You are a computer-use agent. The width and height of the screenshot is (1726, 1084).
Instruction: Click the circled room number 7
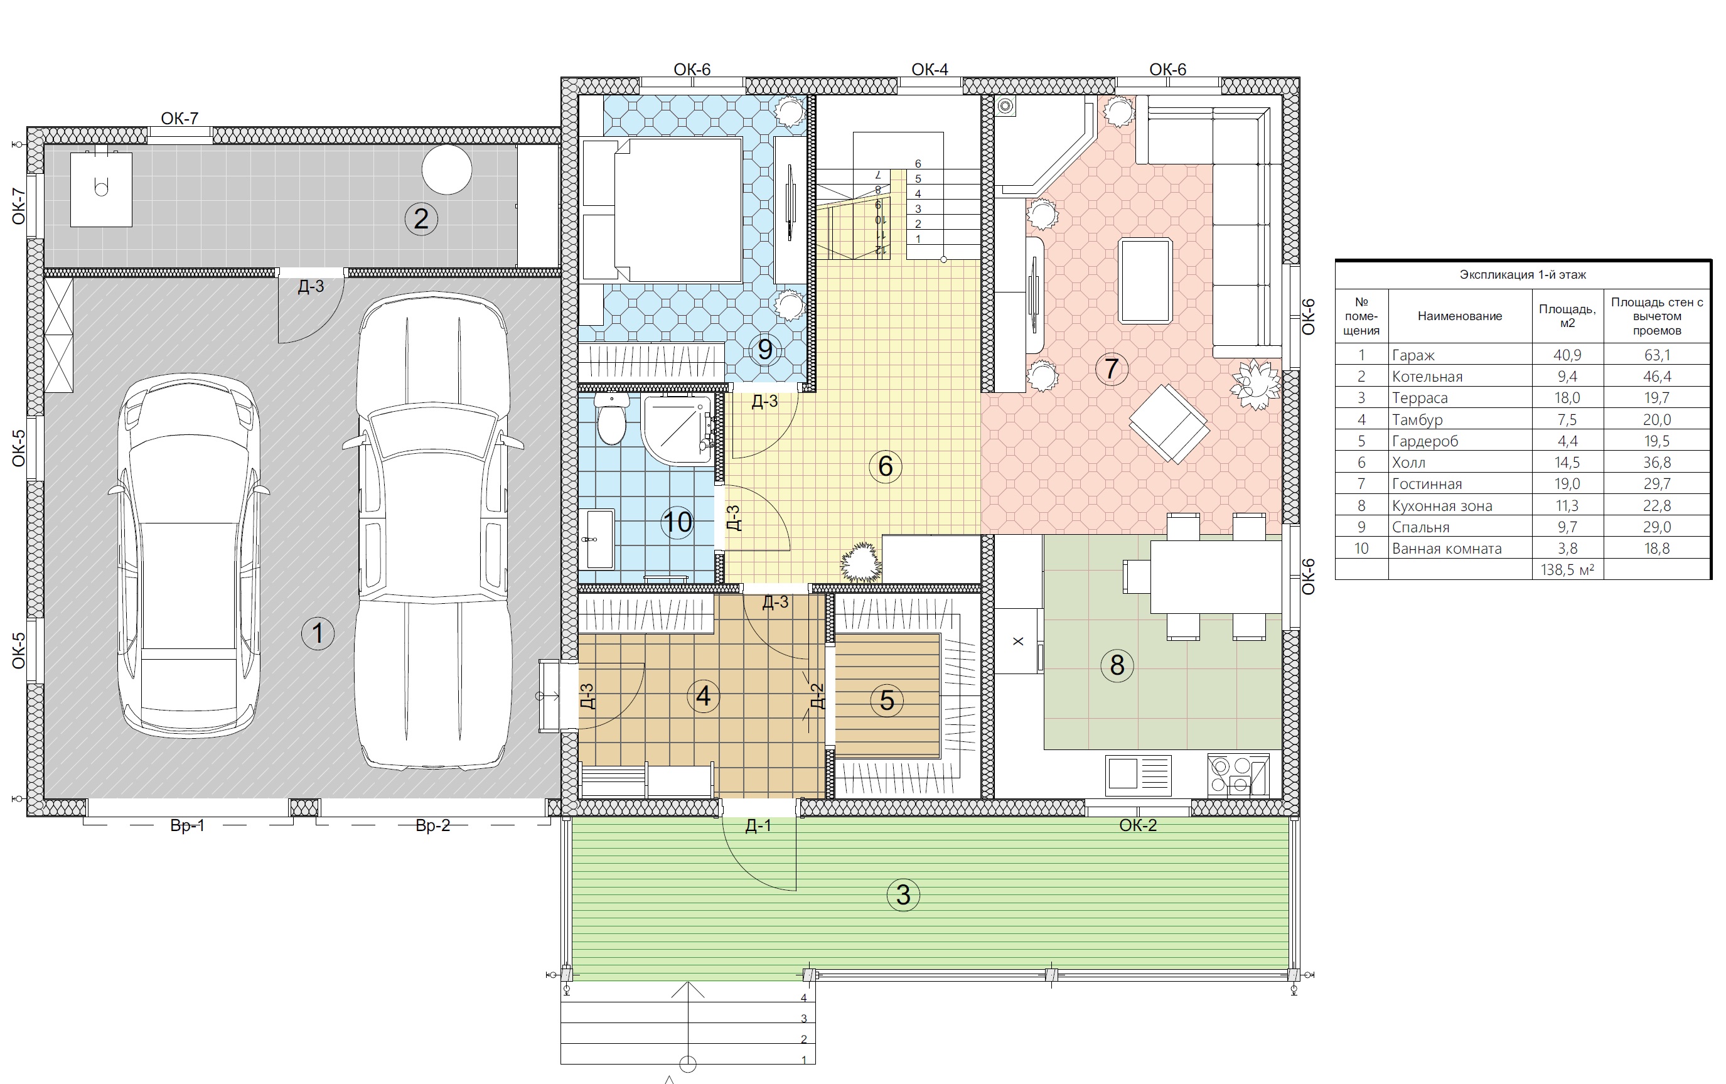coord(1111,368)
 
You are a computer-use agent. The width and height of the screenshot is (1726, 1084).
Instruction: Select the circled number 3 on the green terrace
coord(903,894)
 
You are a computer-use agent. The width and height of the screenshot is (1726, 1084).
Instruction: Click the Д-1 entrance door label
coord(758,825)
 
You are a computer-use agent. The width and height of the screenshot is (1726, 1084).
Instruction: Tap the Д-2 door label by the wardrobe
coord(817,695)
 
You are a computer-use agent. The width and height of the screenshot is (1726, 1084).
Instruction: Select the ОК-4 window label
coord(930,70)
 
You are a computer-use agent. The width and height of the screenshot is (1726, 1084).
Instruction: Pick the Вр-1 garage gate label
coord(187,825)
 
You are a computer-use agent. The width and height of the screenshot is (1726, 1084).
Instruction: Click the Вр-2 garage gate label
coord(433,825)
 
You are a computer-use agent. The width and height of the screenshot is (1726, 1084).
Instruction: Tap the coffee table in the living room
coord(1145,281)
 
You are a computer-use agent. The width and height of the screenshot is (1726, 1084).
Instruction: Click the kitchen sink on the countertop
coord(1139,775)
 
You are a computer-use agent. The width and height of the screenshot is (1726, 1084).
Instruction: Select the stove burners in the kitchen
coord(1238,775)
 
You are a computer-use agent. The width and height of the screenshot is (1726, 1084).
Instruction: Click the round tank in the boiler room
coord(446,170)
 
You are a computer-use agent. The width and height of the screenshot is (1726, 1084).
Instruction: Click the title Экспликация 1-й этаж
coord(1523,274)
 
